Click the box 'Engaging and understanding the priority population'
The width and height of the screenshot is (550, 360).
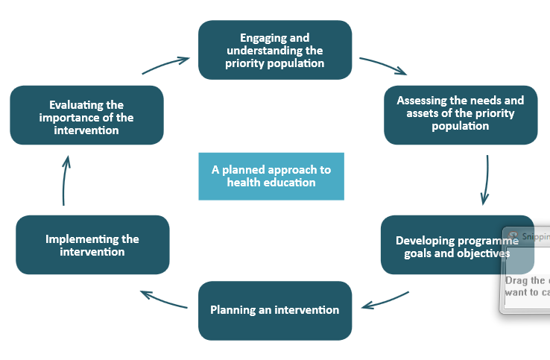[x=274, y=50]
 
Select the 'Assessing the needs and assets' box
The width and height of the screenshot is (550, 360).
[x=460, y=113]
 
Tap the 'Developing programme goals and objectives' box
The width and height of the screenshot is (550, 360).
[x=447, y=246]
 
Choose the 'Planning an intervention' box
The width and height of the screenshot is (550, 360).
[x=274, y=310]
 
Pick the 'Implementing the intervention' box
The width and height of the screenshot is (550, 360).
[x=92, y=245]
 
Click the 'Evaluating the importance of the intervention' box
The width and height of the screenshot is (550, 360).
[x=86, y=116]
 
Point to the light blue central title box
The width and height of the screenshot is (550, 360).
[x=271, y=176]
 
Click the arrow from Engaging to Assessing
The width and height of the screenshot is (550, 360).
[x=383, y=66]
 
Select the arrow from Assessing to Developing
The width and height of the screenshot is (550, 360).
[x=486, y=180]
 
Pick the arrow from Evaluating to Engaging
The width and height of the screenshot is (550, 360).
[x=165, y=66]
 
